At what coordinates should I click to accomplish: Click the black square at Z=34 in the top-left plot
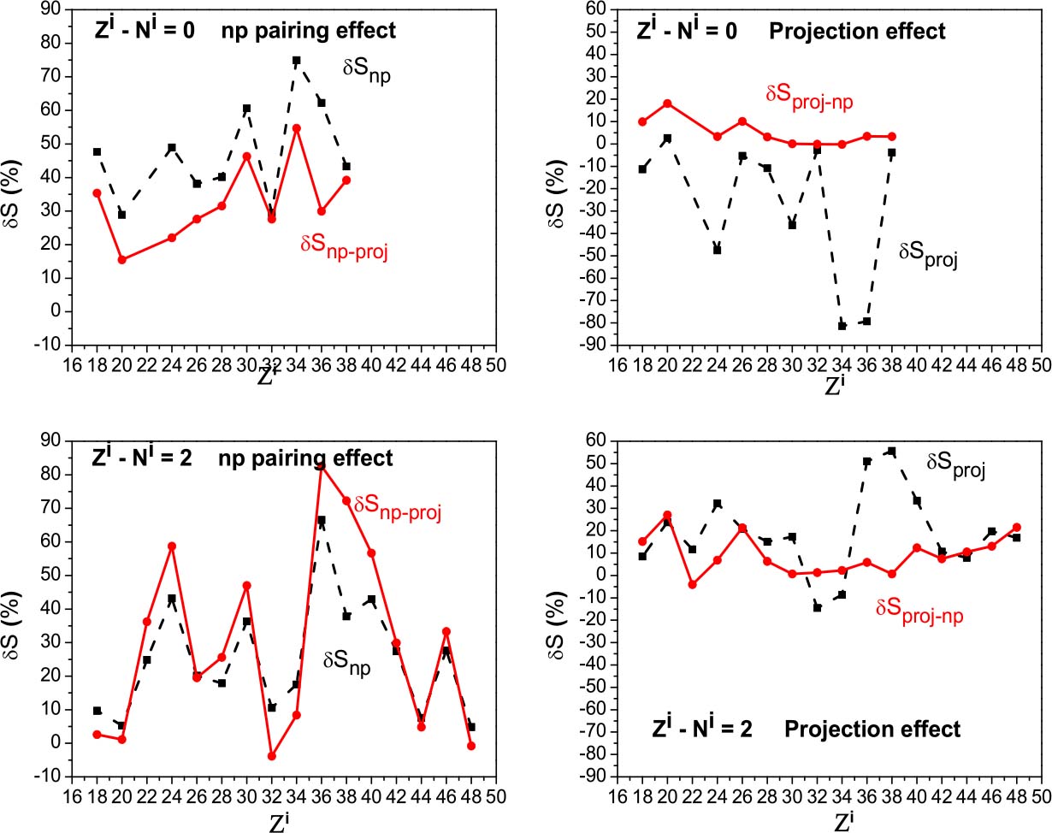tap(296, 61)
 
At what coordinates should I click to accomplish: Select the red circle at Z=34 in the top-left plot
tap(296, 128)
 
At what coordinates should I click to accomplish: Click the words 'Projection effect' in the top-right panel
tap(857, 32)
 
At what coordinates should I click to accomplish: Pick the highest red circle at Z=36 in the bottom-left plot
tap(322, 465)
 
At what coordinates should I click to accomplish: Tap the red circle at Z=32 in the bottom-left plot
tap(272, 756)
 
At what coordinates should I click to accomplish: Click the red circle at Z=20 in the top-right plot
tap(667, 103)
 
